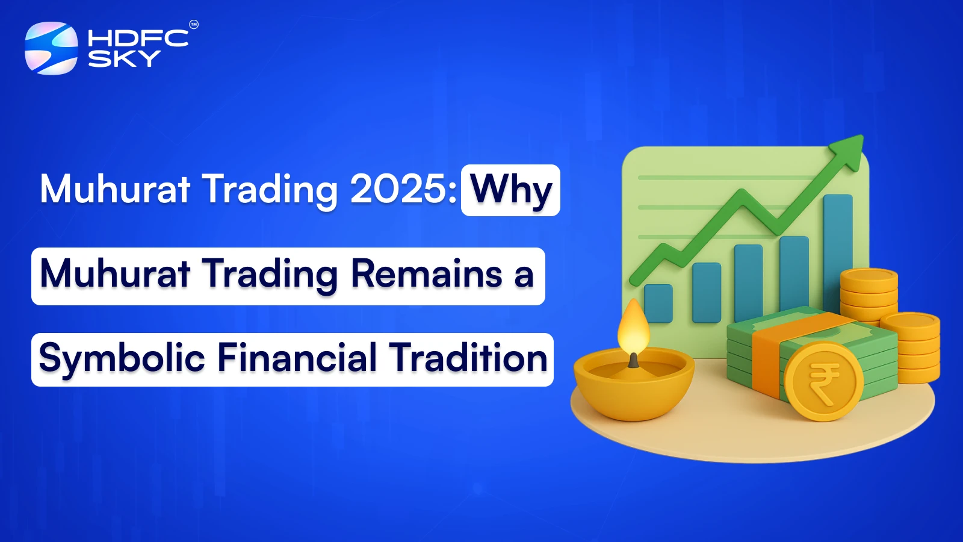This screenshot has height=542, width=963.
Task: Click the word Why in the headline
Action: (511, 190)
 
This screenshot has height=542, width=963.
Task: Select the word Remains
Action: (426, 275)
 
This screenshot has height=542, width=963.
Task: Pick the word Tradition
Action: (468, 358)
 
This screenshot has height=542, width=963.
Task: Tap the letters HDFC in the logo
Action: (138, 39)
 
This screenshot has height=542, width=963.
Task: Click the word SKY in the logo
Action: (124, 58)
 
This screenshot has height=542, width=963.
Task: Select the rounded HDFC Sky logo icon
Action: (51, 48)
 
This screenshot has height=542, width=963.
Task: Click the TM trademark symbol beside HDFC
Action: (194, 25)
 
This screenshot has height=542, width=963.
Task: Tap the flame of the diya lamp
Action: (633, 328)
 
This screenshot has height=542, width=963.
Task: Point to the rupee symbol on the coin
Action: (824, 382)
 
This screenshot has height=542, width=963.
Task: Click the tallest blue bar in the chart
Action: (837, 253)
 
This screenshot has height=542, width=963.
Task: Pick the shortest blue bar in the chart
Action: (658, 303)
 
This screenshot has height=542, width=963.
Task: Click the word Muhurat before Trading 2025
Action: (115, 189)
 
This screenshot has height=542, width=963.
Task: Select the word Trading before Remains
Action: (270, 275)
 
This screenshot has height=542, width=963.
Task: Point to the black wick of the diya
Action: (633, 360)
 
